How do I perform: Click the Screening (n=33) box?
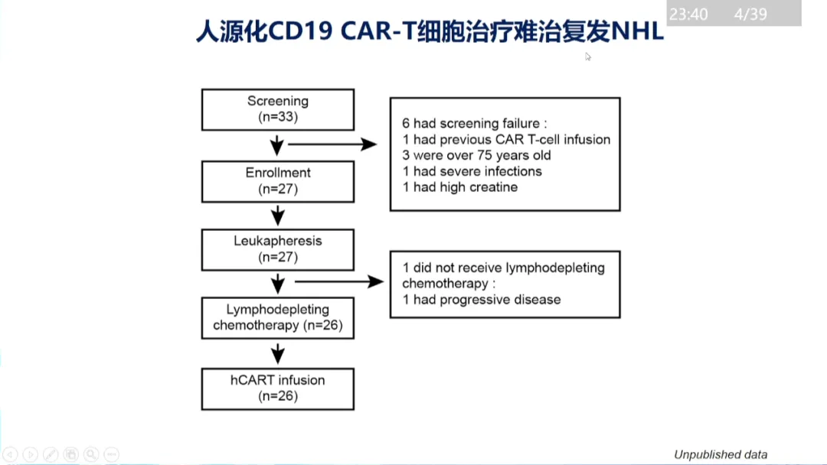point(277,109)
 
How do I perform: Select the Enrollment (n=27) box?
point(277,181)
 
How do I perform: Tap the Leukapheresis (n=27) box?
point(277,249)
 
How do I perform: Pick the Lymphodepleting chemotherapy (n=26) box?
point(277,318)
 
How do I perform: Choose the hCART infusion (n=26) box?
point(277,389)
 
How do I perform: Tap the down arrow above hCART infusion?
point(278,353)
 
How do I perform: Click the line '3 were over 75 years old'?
point(476,155)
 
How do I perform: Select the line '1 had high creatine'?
point(459,187)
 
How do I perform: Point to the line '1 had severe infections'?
point(472,171)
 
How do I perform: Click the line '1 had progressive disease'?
point(481,299)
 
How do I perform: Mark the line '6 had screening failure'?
point(475,123)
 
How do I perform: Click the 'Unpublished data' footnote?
point(721,454)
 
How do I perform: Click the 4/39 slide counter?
point(750,15)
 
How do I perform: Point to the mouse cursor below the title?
point(588,56)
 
